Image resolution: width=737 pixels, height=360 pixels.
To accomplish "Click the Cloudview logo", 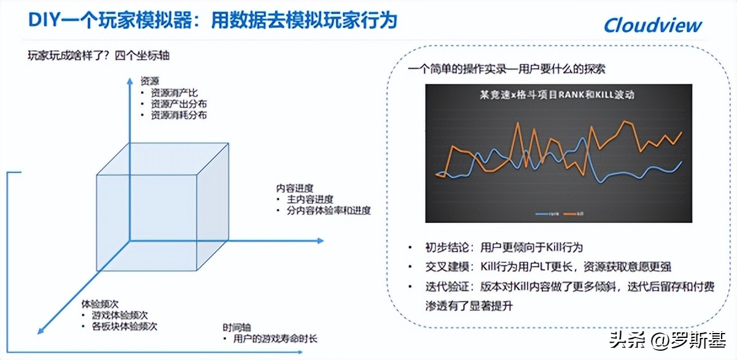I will point(652,25).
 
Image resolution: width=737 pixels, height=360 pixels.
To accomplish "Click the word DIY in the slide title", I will point(43,20).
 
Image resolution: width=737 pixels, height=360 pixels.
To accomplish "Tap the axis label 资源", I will point(150,80).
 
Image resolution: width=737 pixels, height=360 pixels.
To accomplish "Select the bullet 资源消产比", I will point(174,92).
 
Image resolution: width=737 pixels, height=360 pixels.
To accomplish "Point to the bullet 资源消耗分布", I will point(179,115).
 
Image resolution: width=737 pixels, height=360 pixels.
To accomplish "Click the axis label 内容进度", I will point(295,188).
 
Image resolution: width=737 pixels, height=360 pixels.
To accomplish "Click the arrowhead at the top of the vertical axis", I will point(130,79).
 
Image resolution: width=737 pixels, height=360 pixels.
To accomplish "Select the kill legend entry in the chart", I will point(574,214).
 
